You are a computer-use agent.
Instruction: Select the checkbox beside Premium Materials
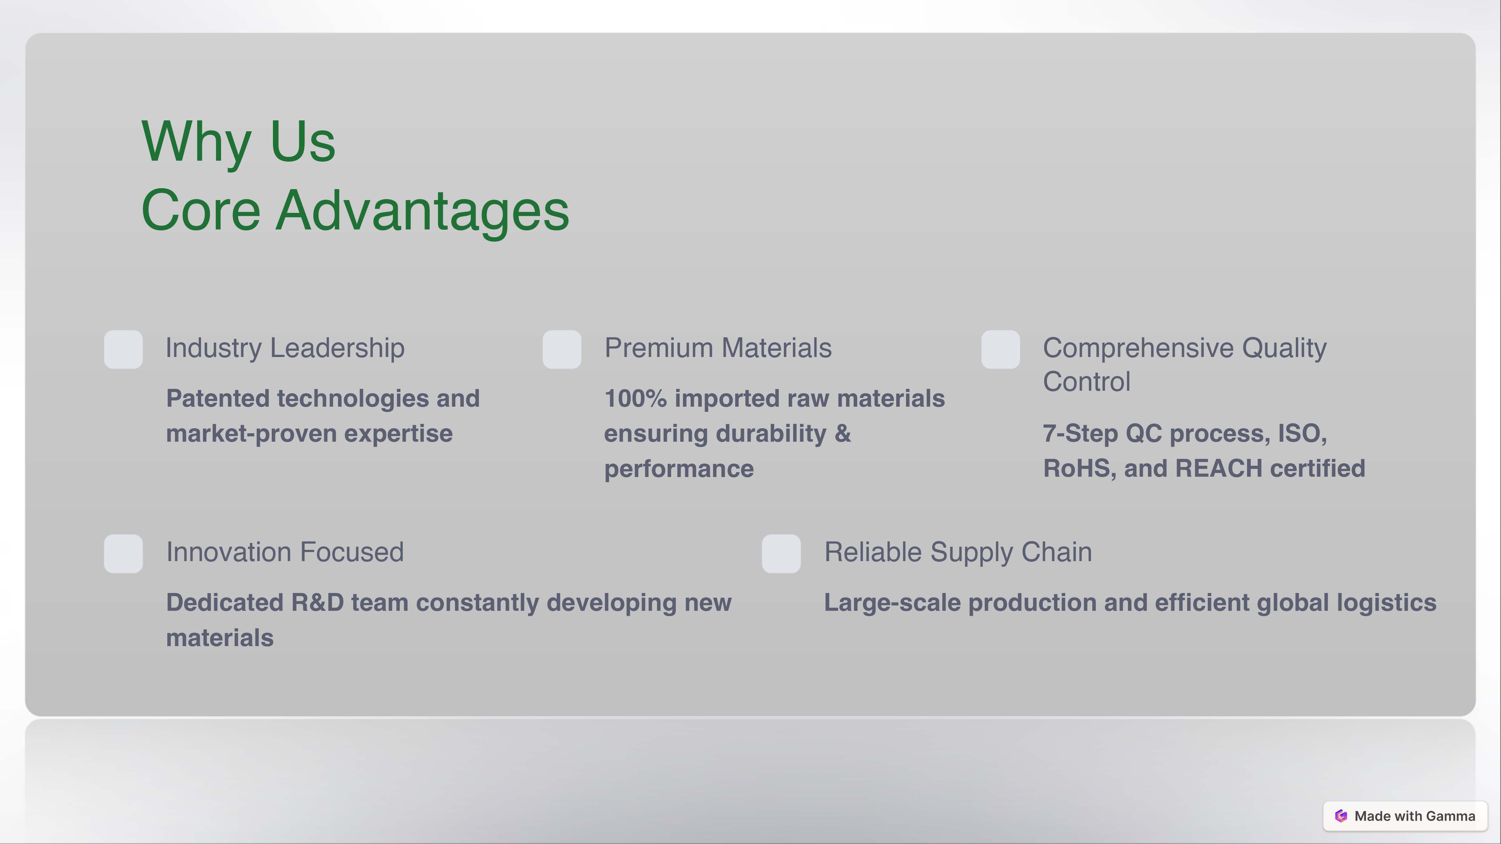click(x=562, y=349)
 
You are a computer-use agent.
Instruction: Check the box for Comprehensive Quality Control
click(x=1000, y=349)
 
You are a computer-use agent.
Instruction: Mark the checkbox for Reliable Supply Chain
click(x=781, y=553)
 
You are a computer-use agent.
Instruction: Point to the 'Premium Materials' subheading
click(x=718, y=348)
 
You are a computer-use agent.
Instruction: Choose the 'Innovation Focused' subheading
click(x=285, y=552)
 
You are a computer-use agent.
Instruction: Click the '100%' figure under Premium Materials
click(x=635, y=399)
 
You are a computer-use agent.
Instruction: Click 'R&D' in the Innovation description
click(x=318, y=603)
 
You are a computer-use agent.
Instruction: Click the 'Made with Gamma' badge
click(x=1405, y=816)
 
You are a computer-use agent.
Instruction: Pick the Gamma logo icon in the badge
click(x=1341, y=816)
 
